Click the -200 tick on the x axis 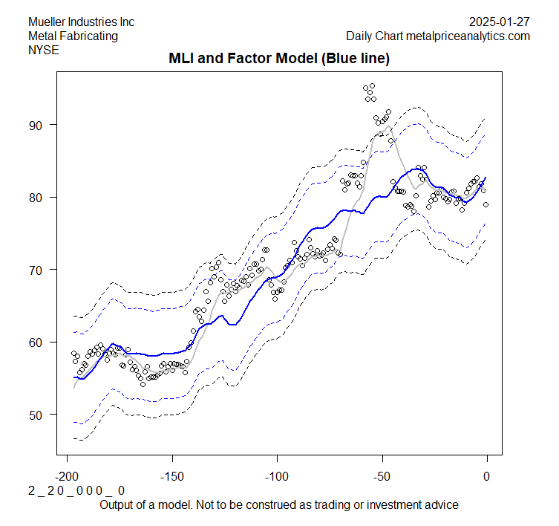click(67, 475)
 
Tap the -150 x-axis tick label click(171, 475)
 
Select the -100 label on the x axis click(276, 475)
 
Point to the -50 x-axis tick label click(382, 475)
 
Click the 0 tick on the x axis click(487, 475)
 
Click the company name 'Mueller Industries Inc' click(81, 22)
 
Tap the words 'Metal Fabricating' click(73, 36)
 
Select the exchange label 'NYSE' click(43, 50)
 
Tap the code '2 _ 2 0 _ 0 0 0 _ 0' click(76, 490)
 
